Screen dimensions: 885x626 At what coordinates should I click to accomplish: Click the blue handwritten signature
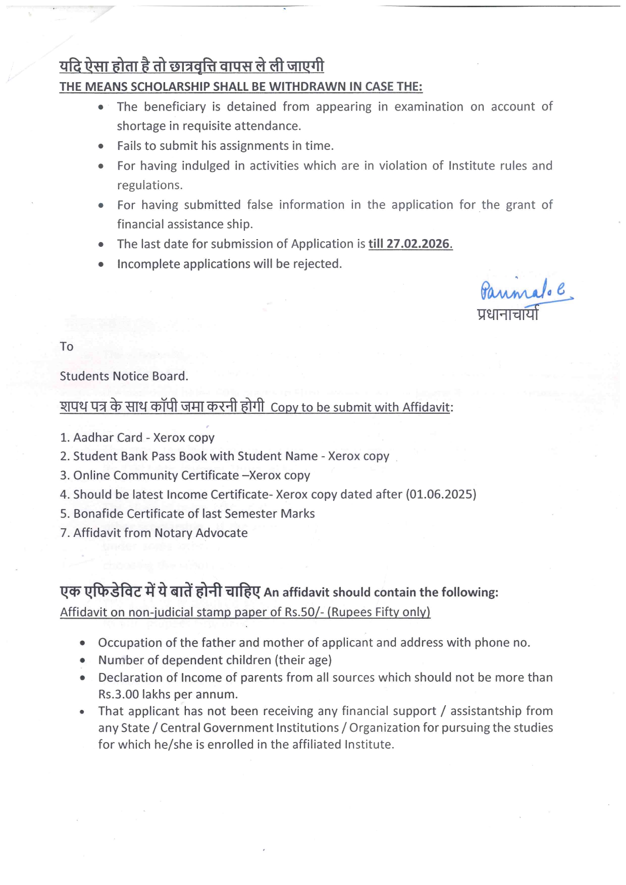525,292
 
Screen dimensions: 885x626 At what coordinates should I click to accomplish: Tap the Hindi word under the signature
507,314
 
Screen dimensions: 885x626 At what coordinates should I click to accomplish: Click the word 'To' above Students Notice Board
67,347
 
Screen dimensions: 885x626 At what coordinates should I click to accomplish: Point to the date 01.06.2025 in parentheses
441,494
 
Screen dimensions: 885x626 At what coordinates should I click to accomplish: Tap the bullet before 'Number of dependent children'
82,660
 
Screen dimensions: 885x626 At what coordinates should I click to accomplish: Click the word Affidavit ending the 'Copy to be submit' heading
426,408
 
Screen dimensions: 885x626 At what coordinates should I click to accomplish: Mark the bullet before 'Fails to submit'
101,146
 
